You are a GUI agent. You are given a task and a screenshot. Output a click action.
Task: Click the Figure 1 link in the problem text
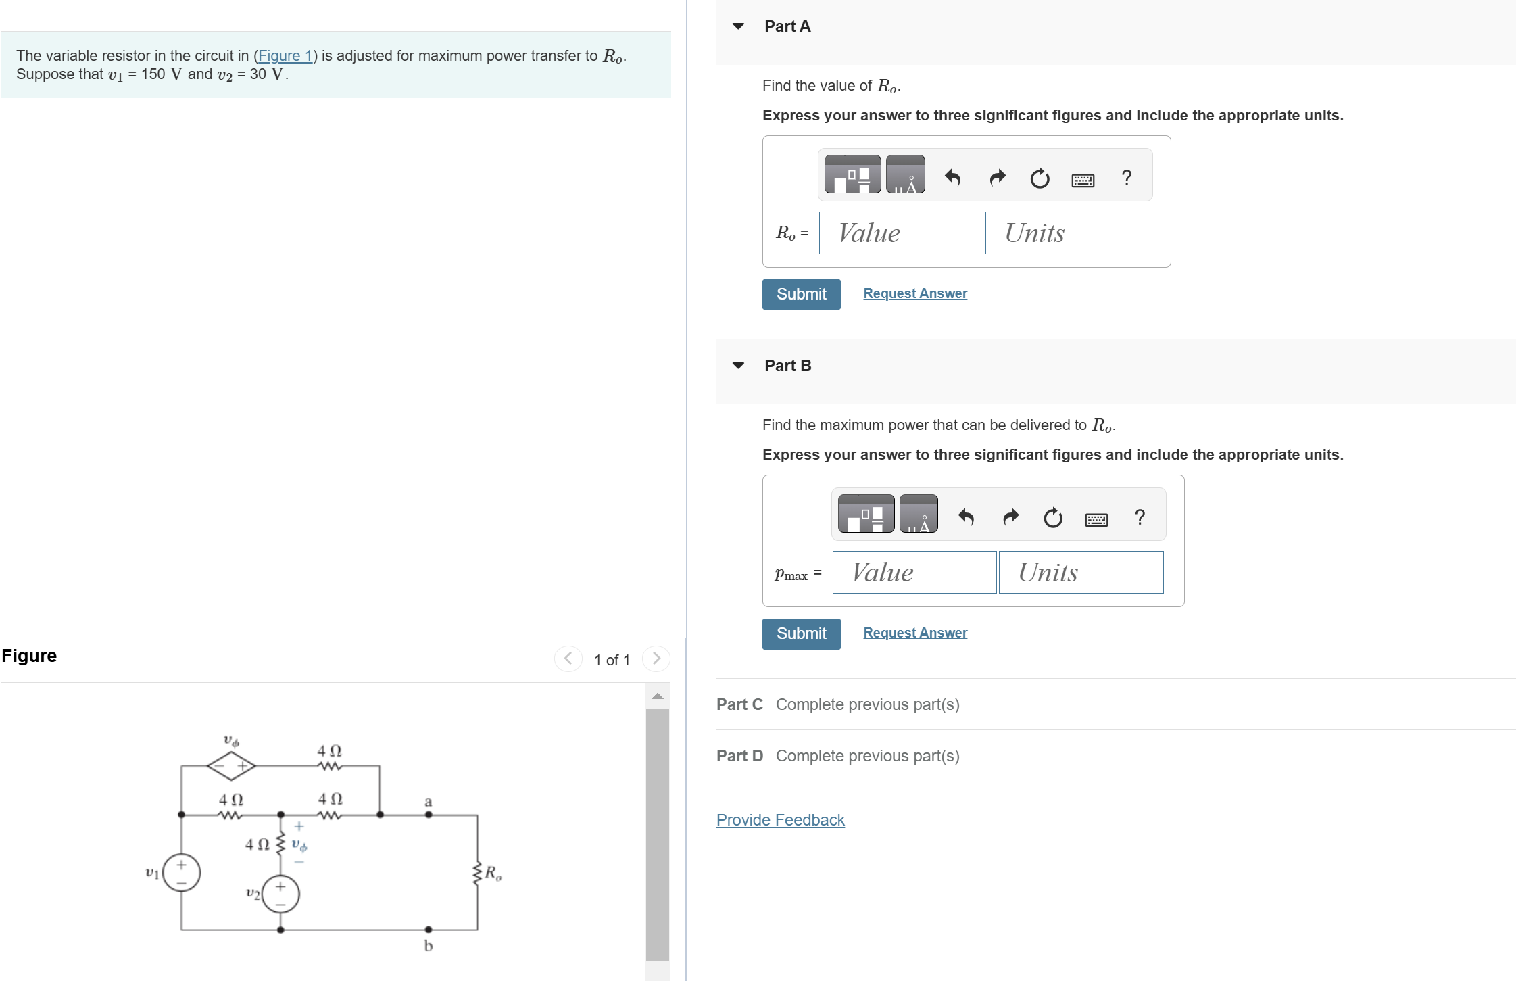click(285, 56)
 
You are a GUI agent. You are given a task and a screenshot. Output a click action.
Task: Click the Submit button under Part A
click(801, 294)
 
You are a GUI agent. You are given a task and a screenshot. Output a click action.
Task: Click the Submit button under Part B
click(801, 633)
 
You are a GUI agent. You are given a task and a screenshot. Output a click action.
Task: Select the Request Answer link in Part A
click(914, 293)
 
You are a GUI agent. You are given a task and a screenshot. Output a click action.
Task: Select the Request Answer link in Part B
click(914, 633)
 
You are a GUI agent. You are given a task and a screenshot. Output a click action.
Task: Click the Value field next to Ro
click(900, 233)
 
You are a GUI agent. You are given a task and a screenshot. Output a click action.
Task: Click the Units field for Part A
click(1067, 233)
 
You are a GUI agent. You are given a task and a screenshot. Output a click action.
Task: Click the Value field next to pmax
click(914, 573)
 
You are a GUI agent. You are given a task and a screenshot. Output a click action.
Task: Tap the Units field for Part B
click(1080, 573)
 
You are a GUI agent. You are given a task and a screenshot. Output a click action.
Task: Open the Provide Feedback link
click(780, 820)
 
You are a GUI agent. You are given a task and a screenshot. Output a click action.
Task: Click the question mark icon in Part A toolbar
click(1126, 178)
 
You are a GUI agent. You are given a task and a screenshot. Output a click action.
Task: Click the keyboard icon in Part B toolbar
click(1096, 519)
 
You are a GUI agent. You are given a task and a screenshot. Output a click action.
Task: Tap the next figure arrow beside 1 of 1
click(656, 659)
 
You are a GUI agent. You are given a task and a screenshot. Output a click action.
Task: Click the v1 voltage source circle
click(181, 873)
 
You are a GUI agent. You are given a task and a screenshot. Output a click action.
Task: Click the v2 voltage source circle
click(280, 894)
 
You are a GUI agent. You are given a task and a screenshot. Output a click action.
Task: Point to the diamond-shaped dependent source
click(231, 766)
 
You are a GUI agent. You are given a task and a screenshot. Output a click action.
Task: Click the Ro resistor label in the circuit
click(493, 873)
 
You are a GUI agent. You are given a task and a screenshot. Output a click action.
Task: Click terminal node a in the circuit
click(429, 814)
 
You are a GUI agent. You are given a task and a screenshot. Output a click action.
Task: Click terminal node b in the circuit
click(429, 930)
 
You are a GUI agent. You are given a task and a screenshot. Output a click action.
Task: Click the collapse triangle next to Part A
click(738, 26)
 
